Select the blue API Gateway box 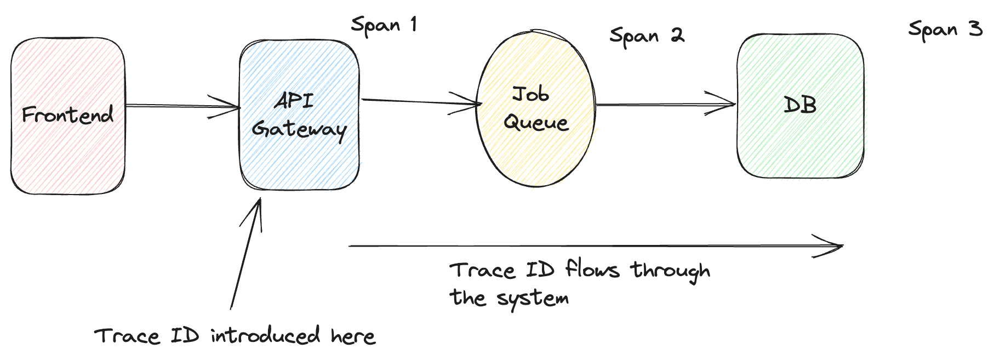click(299, 159)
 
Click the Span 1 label click(384, 25)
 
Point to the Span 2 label click(647, 36)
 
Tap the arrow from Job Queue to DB click(663, 104)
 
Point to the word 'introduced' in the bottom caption click(265, 336)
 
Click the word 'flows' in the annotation click(592, 270)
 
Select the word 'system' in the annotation click(533, 299)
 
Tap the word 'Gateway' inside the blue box click(299, 129)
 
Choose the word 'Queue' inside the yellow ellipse click(536, 122)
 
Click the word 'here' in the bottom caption click(353, 336)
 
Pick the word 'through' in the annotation click(670, 271)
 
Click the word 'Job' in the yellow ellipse click(530, 94)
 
